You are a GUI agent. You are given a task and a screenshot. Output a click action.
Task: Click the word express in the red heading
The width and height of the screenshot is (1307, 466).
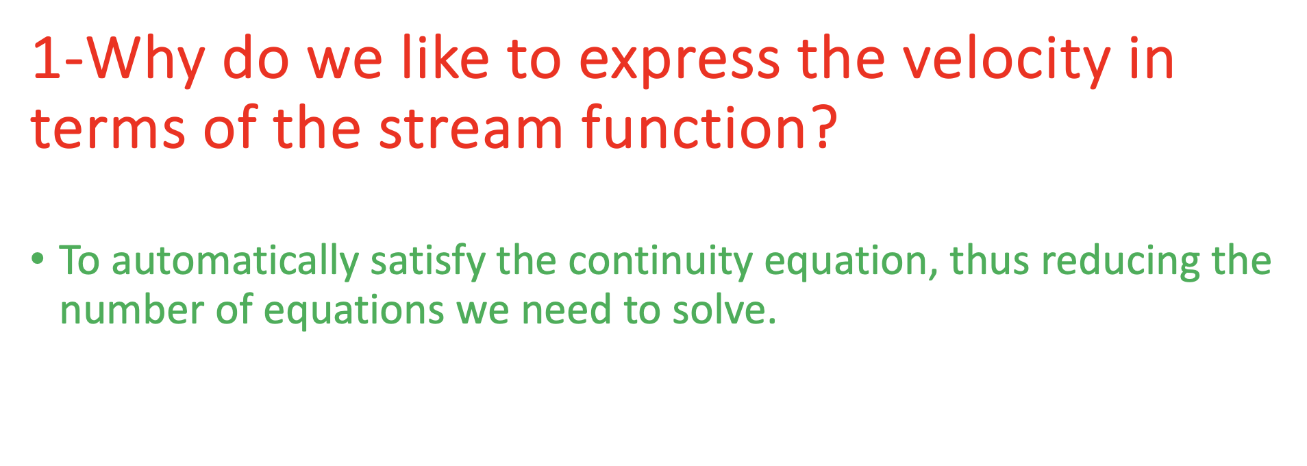(x=679, y=60)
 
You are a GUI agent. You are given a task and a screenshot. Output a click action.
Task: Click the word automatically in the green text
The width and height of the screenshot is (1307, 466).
(x=235, y=262)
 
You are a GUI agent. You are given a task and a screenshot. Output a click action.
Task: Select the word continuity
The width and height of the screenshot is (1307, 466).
(x=660, y=262)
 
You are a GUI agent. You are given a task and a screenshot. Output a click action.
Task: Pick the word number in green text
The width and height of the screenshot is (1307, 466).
(x=132, y=310)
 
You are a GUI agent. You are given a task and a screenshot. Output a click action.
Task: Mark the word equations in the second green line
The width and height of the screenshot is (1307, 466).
(x=354, y=310)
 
